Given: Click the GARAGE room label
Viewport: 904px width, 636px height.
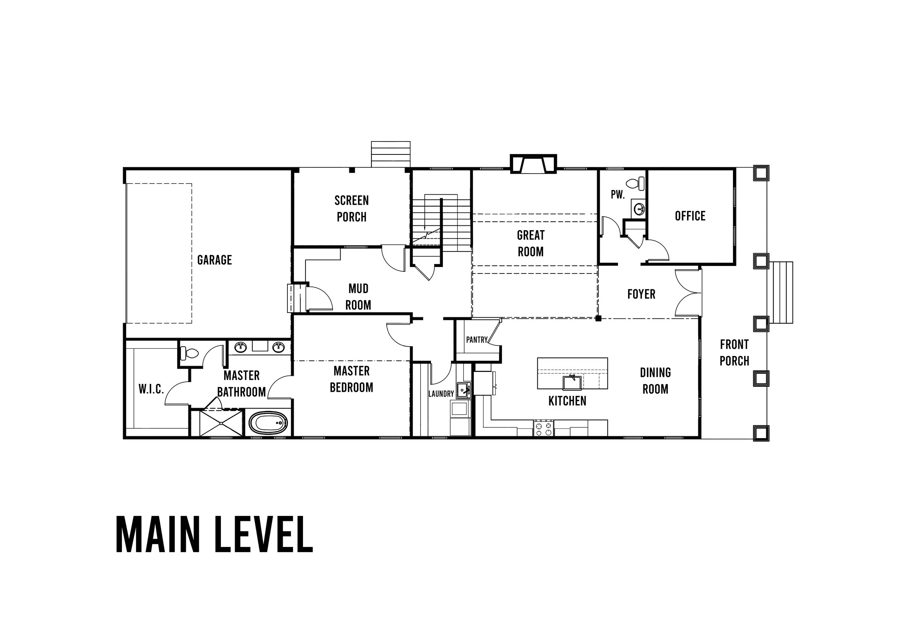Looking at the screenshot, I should (x=214, y=260).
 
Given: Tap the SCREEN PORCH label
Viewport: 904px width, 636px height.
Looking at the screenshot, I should (x=351, y=209).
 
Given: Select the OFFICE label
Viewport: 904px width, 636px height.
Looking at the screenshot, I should (x=690, y=216).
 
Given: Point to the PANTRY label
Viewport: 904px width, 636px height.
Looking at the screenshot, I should (x=477, y=339).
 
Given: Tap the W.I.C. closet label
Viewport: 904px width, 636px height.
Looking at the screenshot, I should (x=151, y=389).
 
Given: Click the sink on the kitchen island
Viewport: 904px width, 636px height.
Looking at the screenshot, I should (x=572, y=382).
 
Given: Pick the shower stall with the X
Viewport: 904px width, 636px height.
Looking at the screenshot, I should (x=221, y=423).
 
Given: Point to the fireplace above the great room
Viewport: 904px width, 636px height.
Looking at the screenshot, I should (x=533, y=164).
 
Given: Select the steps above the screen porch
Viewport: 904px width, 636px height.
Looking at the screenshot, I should (x=391, y=154).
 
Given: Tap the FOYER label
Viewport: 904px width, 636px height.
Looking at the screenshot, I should (x=641, y=294).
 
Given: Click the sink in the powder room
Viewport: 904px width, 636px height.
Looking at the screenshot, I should (x=639, y=208).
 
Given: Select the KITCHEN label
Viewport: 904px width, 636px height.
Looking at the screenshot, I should (x=567, y=401).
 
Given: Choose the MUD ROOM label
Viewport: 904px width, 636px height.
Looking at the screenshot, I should (x=358, y=297).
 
